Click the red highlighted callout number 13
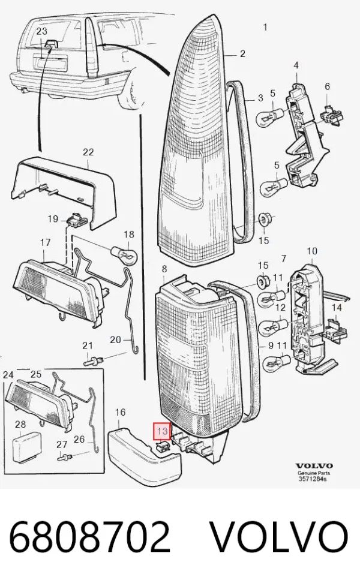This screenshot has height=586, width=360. coord(162,431)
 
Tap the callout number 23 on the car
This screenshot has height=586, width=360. coord(42,31)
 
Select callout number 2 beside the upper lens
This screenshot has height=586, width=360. coord(242,54)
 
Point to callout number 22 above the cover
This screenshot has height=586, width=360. coord(88,152)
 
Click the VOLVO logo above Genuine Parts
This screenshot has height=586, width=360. coord(314,465)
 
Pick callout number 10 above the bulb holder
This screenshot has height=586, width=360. coord(311,251)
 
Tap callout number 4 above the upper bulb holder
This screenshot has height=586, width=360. coord(296,66)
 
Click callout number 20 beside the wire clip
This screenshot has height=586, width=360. coord(116,339)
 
